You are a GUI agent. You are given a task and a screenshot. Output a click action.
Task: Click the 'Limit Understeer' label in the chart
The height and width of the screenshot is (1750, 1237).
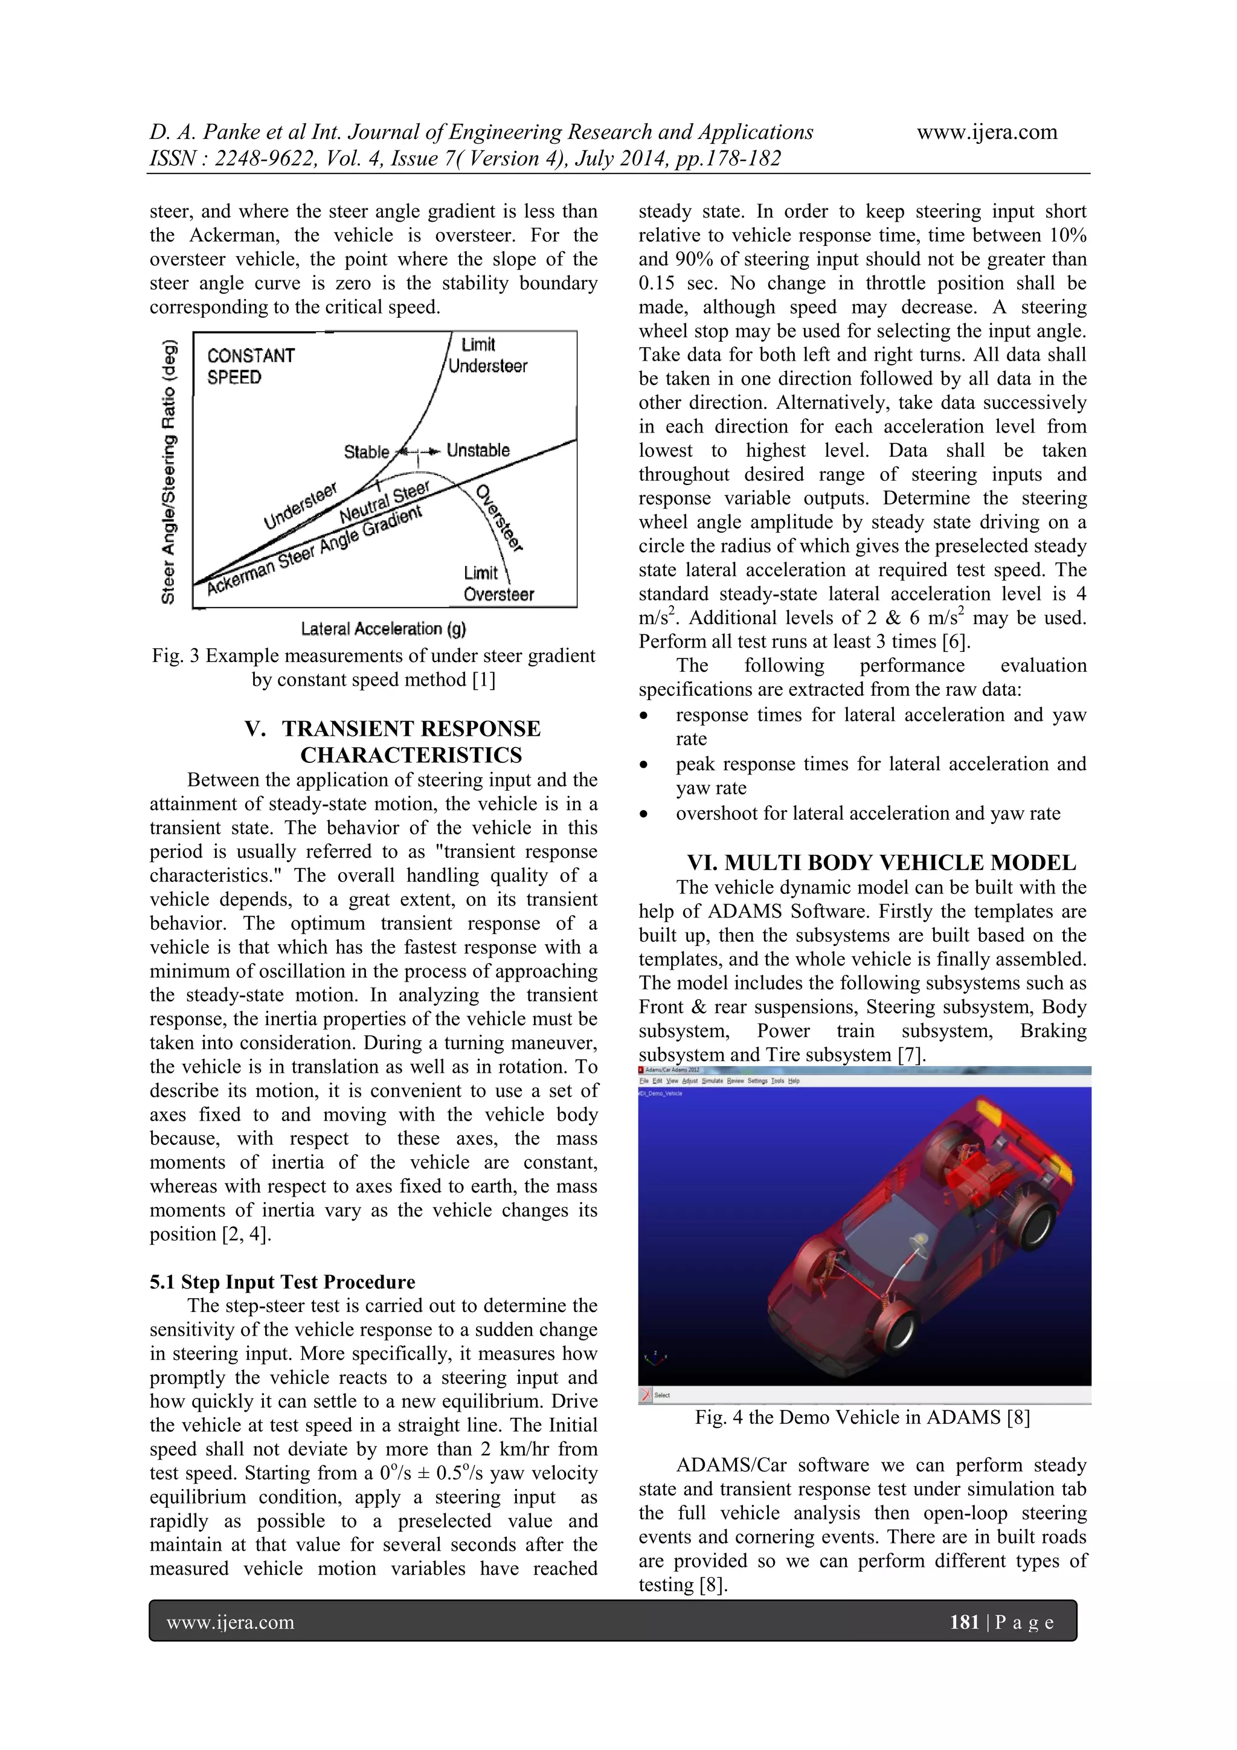click(x=487, y=355)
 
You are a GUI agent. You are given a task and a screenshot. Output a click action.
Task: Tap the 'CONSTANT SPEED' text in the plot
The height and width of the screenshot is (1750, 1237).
click(x=251, y=366)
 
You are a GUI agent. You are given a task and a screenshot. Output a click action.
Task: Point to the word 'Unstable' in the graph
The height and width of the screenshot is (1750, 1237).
click(x=478, y=451)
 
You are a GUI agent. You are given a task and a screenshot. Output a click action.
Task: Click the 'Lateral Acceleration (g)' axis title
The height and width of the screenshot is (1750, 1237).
click(x=384, y=629)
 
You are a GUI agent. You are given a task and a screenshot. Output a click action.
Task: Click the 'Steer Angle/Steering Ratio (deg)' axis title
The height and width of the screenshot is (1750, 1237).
click(x=169, y=471)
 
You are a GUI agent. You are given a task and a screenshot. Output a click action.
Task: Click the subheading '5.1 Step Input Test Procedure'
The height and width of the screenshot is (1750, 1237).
click(x=282, y=1282)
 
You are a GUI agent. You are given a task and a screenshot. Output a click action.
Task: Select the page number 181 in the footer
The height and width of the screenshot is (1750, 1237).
click(x=964, y=1621)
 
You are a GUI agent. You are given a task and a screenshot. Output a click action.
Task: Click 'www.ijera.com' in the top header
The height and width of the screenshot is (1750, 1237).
click(x=987, y=132)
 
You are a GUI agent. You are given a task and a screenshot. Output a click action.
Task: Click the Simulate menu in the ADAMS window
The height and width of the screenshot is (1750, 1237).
click(x=712, y=1081)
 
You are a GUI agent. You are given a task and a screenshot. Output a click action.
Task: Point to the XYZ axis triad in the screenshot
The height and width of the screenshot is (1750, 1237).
click(x=654, y=1357)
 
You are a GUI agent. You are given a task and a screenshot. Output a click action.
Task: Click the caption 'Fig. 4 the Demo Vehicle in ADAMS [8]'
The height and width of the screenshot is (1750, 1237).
click(x=862, y=1418)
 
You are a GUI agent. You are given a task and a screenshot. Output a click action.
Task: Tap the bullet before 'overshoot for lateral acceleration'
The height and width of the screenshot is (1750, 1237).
click(x=645, y=815)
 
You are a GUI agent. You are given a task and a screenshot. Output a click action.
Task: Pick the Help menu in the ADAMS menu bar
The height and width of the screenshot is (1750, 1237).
click(x=794, y=1081)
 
